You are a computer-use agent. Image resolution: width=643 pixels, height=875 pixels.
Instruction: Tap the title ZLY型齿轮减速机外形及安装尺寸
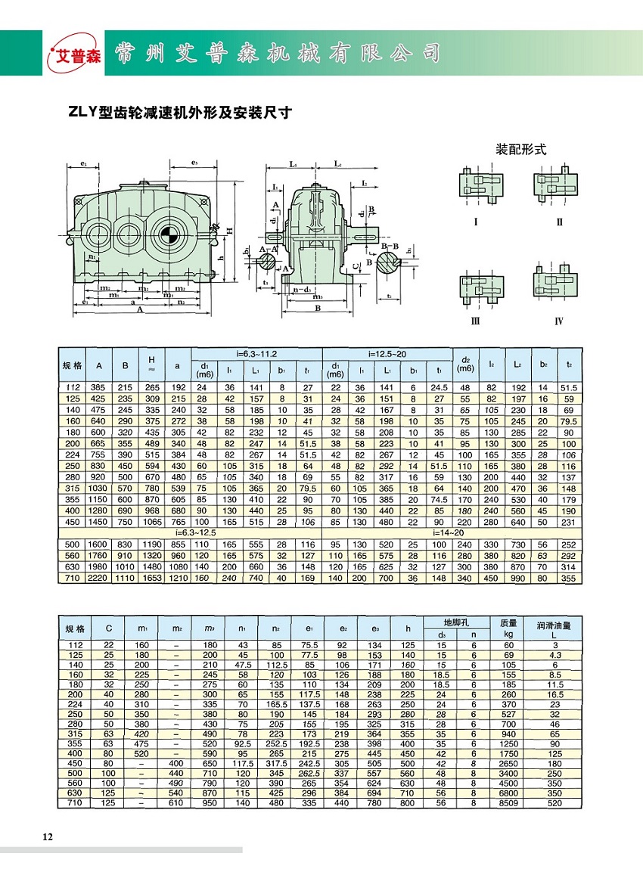(x=180, y=113)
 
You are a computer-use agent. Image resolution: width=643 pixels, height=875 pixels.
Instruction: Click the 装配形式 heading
(x=520, y=149)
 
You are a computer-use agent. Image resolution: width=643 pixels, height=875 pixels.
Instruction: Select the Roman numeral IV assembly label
(x=558, y=321)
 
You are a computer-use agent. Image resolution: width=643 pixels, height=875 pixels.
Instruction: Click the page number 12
(x=48, y=836)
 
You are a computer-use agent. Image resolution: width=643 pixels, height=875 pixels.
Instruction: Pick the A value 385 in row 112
(x=99, y=386)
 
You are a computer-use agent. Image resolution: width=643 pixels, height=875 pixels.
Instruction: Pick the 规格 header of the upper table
(x=72, y=366)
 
